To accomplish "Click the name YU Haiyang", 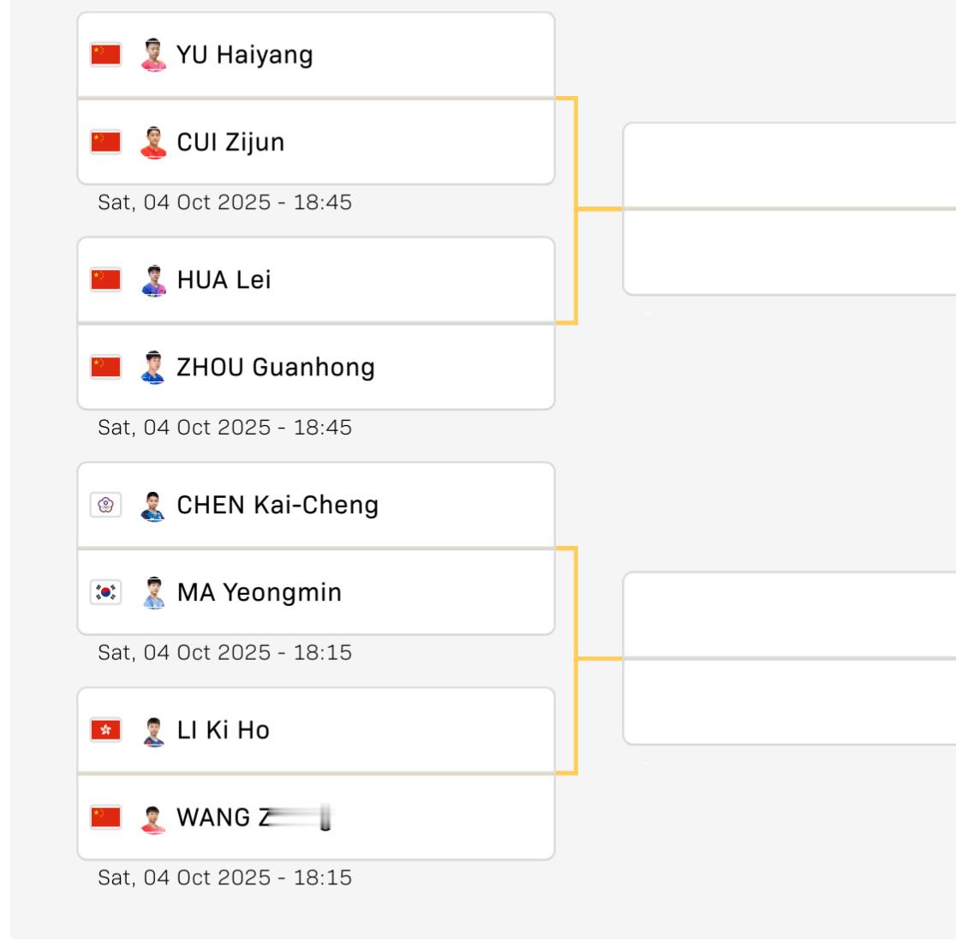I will pos(244,55).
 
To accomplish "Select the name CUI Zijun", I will pos(230,142).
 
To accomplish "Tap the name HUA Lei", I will pos(224,280).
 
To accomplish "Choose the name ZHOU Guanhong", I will pos(275,368).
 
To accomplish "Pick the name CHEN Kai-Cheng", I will pos(278,505).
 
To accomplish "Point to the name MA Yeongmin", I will pos(259,592).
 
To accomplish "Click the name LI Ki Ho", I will pos(223,730).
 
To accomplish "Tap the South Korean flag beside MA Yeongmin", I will pos(106,592).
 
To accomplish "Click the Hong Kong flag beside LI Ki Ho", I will pos(106,730).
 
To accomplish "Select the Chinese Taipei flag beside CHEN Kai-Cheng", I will pos(106,505).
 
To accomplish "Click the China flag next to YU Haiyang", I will pos(106,55).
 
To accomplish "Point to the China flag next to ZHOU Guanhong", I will pos(106,368).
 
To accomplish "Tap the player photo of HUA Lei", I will pos(153,280).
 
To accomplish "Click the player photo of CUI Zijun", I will pos(153,142).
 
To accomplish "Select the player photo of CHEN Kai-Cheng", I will pos(153,505).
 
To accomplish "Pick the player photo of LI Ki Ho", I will pos(153,730).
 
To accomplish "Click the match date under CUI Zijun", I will pos(224,203).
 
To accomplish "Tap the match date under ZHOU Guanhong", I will pos(224,428).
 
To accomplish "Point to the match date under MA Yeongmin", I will pos(224,653).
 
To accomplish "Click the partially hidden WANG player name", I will pos(253,818).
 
